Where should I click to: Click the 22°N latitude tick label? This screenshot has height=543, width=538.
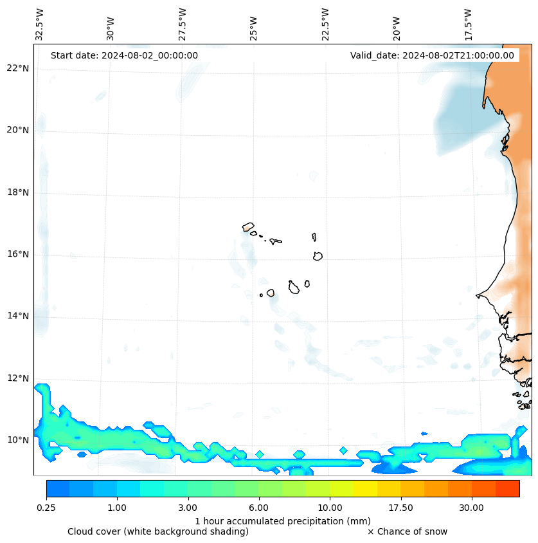[x=17, y=68]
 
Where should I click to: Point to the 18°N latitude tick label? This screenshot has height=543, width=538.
[x=17, y=192]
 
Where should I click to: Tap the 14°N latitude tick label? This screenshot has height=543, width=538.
[x=17, y=316]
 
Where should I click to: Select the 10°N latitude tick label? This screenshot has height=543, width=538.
[x=17, y=440]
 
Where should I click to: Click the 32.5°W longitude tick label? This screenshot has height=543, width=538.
[x=40, y=24]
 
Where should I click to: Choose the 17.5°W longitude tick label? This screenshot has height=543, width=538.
[x=468, y=24]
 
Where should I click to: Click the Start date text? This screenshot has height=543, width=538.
[x=124, y=55]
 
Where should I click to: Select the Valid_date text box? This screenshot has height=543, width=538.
[x=432, y=55]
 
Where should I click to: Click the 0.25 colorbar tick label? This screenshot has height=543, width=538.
[x=46, y=508]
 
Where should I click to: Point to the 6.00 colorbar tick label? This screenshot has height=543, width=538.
[x=259, y=508]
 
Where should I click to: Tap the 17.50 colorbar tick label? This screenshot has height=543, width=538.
[x=400, y=508]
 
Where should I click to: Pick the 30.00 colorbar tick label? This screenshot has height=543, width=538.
[x=471, y=508]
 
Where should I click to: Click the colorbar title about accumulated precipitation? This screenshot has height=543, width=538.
[x=283, y=520]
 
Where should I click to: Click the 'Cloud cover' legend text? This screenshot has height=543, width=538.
[x=158, y=531]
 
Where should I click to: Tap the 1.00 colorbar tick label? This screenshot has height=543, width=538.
[x=117, y=508]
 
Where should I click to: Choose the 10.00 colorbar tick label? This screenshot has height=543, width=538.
[x=330, y=508]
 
